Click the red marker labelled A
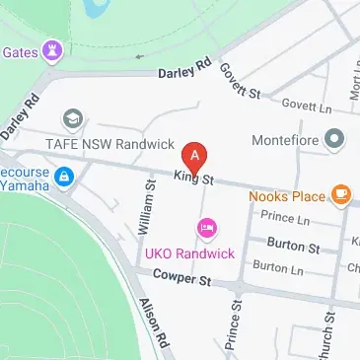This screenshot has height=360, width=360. click(x=196, y=156)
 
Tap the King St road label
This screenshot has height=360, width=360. click(x=193, y=178)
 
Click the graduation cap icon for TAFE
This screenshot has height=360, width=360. click(x=71, y=119)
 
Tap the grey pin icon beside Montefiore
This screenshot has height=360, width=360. click(x=335, y=139)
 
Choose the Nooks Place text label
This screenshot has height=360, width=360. click(x=293, y=195)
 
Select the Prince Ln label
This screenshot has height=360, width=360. click(x=285, y=217)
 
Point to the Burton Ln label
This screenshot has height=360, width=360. click(x=277, y=266)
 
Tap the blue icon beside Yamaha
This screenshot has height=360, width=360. click(x=64, y=177)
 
